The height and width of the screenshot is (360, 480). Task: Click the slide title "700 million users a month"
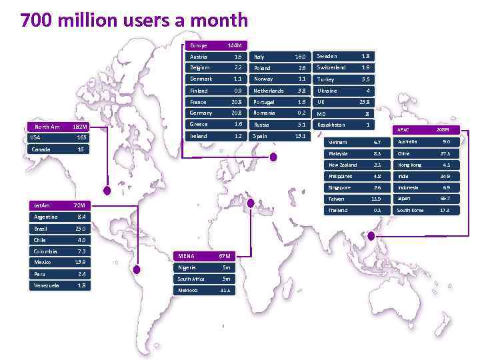coord(134,21)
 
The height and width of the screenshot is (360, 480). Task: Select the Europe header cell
coord(199,45)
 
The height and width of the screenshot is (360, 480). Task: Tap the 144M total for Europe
coord(234,45)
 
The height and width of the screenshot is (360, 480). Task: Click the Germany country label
coord(201,113)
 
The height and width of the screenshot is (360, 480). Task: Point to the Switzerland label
coord(331,68)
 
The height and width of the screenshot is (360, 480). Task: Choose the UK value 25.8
coord(364,102)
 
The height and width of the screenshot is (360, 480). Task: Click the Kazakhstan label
coord(331,125)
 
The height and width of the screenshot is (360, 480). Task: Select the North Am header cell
coord(47,127)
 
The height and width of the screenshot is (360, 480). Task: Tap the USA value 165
coord(82,137)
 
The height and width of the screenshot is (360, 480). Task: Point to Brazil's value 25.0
coord(81,228)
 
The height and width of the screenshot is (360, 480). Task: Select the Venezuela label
coord(46,285)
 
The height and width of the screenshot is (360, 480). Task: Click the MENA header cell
coord(185,256)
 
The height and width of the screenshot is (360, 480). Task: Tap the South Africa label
coord(191,279)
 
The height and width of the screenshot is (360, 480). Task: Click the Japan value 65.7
coord(445,199)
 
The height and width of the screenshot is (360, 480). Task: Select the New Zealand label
coord(343,165)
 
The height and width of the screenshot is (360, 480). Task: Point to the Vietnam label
coord(338,142)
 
